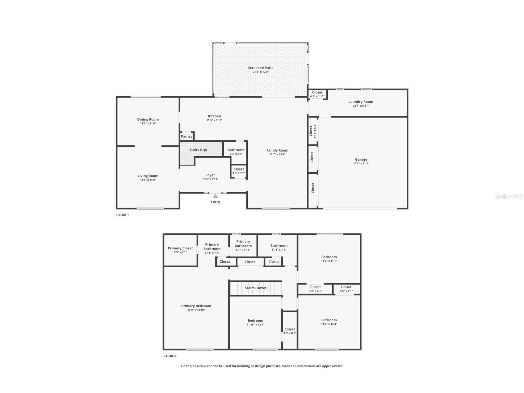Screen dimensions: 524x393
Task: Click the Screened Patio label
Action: click(261, 68)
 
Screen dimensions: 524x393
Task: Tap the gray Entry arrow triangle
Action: click(215, 196)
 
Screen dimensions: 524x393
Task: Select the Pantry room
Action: click(187, 136)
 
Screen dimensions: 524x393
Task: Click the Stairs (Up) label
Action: click(198, 150)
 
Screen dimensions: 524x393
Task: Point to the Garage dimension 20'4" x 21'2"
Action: click(361, 163)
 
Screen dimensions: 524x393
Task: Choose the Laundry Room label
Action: click(361, 102)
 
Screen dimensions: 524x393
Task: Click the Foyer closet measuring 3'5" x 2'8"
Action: click(239, 171)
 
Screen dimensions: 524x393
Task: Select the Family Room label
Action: click(277, 150)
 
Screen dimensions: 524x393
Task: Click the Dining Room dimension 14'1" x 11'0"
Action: click(148, 123)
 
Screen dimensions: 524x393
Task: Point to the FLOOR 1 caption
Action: click(122, 215)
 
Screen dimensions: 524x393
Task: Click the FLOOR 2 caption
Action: click(169, 356)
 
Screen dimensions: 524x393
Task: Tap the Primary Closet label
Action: click(180, 248)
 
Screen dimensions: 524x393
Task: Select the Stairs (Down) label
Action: click(256, 288)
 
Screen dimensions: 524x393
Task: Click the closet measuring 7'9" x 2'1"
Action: click(315, 289)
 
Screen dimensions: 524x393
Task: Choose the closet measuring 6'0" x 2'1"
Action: click(346, 289)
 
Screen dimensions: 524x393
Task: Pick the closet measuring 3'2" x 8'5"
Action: click(290, 330)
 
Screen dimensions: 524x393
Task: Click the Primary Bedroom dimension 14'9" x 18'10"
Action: click(196, 310)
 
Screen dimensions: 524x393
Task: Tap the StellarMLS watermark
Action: click(509, 196)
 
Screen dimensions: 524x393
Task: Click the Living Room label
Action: click(148, 176)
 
